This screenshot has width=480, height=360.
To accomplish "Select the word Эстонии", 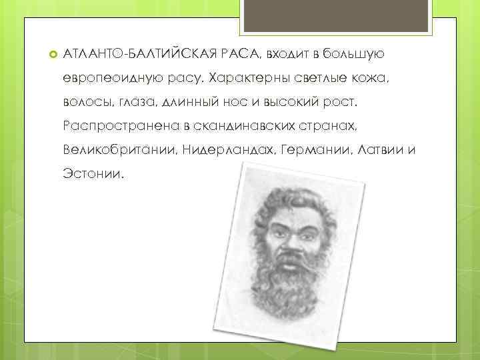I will click(x=93, y=176).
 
